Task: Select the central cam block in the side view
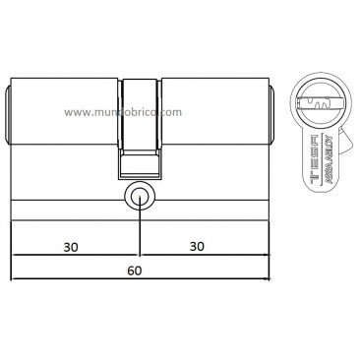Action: [x=140, y=108]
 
